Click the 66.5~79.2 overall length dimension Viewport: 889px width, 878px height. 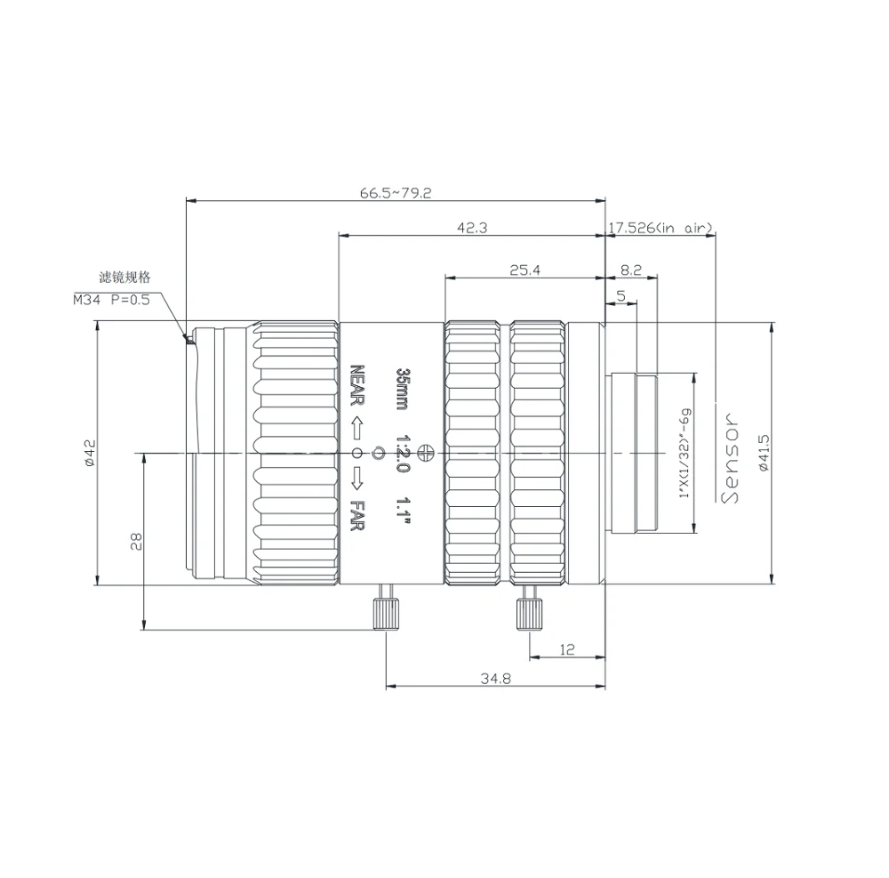pyautogui.click(x=396, y=193)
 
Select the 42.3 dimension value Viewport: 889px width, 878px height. pyautogui.click(x=472, y=228)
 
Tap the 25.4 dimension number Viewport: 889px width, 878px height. pyautogui.click(x=525, y=270)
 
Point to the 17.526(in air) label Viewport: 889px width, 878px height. pyautogui.click(x=661, y=228)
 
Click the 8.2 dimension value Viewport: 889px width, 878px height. pyautogui.click(x=631, y=270)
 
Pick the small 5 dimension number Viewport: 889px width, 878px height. pyautogui.click(x=621, y=295)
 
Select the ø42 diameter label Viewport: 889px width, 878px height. pyautogui.click(x=90, y=453)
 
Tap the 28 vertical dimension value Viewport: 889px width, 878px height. pyautogui.click(x=136, y=542)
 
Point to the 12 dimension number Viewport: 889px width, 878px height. pyautogui.click(x=567, y=649)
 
